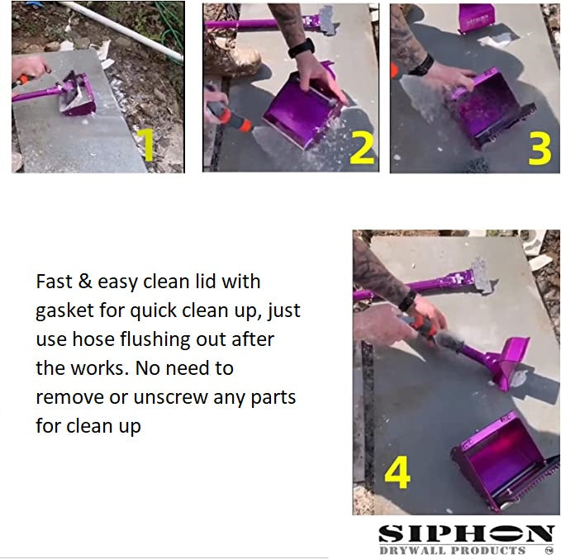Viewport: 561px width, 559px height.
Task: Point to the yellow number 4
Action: coord(398,472)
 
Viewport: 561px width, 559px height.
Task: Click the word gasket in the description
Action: coord(69,311)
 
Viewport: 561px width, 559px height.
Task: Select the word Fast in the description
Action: coord(54,282)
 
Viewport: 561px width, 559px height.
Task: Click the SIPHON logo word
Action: coord(465,533)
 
